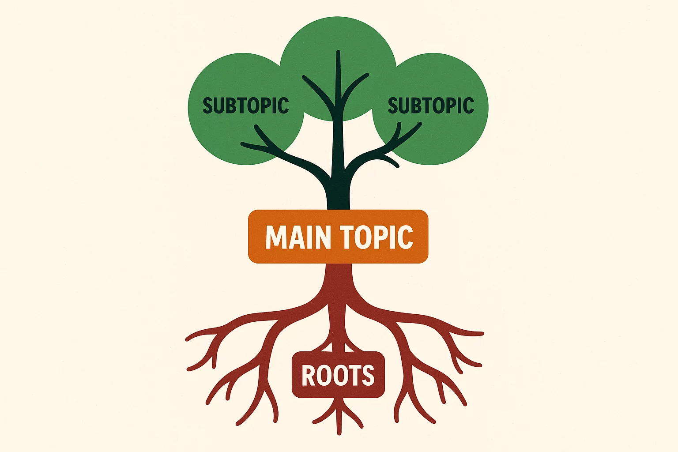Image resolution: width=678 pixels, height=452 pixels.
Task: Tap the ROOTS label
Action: coord(338,375)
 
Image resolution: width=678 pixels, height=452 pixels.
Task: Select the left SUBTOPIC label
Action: coord(245,106)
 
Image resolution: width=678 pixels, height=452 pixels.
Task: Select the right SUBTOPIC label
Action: coord(430,106)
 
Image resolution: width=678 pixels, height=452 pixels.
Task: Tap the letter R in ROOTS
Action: coord(308,375)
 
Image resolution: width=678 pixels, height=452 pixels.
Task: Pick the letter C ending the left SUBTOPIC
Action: coord(282,106)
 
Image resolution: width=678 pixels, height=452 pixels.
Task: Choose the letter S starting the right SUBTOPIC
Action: coord(393,106)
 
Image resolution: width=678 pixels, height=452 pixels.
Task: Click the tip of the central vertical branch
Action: coord(338,53)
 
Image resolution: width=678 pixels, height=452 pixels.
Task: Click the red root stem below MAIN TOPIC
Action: coord(339,282)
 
